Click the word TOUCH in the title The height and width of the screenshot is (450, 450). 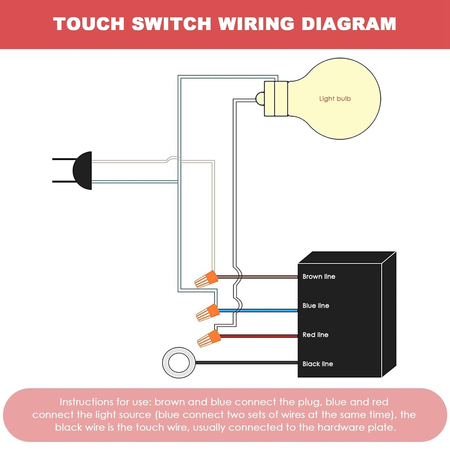(x=89, y=24)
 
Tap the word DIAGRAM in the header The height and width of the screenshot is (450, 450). (x=349, y=24)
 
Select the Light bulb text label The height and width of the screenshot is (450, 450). (x=335, y=99)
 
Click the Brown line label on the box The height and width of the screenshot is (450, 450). (x=319, y=277)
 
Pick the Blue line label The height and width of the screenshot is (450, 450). (x=316, y=306)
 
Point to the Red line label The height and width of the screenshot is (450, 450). (x=315, y=335)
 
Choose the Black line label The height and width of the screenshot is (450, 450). (x=318, y=364)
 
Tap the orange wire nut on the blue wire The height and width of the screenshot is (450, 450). (x=208, y=313)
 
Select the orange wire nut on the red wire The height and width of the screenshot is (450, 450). (x=209, y=338)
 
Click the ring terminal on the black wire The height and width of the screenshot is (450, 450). (x=179, y=362)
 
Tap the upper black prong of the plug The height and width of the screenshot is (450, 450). (x=63, y=159)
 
